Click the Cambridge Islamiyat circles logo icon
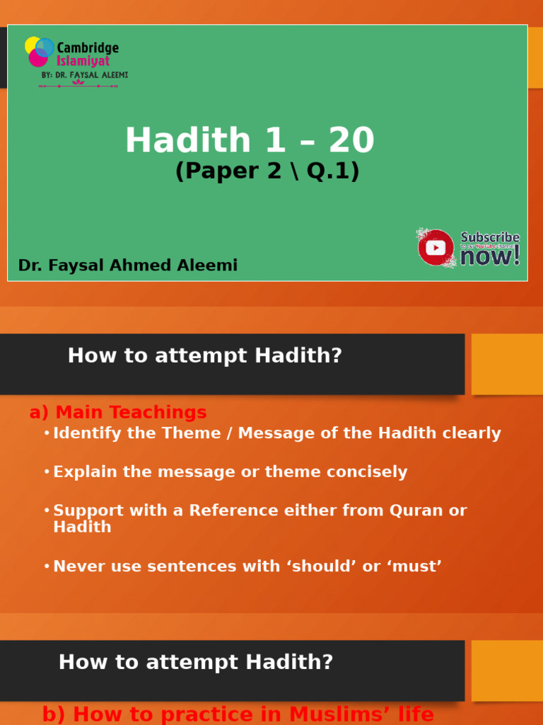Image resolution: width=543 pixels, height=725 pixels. [40, 52]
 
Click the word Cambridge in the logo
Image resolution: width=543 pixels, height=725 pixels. [88, 48]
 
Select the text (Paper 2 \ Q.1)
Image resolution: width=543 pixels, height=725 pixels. [267, 171]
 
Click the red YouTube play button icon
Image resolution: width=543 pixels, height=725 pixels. [436, 248]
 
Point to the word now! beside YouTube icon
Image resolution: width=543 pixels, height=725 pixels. [490, 256]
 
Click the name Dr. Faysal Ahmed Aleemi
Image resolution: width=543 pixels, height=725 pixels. [128, 266]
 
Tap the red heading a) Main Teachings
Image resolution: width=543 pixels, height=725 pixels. [118, 412]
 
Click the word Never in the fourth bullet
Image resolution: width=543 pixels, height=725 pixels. [76, 566]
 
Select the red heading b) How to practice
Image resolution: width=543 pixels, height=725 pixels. [238, 714]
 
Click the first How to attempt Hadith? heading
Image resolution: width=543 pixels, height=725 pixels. [204, 355]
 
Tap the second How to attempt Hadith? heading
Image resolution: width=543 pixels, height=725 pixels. [196, 662]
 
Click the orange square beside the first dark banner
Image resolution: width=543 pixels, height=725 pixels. [507, 364]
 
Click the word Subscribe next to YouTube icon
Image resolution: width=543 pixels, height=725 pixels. [490, 237]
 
